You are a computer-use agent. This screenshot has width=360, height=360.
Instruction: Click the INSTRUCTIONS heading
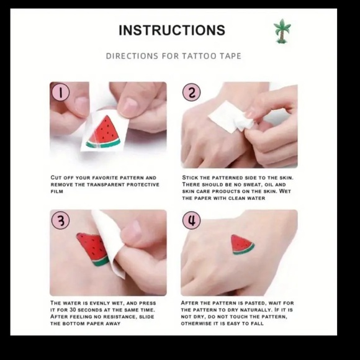[x=172, y=30]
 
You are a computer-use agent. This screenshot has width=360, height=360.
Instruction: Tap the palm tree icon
[x=282, y=31]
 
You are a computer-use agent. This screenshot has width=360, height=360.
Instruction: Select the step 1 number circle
[x=60, y=92]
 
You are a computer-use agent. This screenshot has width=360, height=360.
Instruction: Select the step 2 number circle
[x=191, y=92]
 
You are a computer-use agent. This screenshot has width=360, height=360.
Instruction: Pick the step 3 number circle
[x=60, y=220]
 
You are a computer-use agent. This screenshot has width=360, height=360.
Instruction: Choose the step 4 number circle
[x=191, y=220]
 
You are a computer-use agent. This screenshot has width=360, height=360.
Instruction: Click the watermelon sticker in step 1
[x=104, y=132]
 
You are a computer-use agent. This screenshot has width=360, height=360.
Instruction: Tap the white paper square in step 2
[x=231, y=117]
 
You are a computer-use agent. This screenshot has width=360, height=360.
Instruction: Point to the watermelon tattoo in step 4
[x=242, y=245]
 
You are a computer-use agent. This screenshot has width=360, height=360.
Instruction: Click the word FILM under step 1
[x=56, y=191]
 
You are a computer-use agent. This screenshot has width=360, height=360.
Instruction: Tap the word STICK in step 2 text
[x=191, y=178]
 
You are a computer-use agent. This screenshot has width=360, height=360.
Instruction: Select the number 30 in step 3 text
[x=73, y=310]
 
